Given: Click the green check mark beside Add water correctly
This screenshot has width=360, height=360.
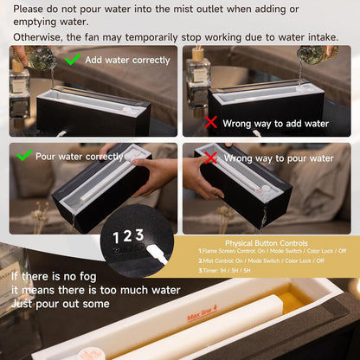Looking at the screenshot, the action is [73, 59].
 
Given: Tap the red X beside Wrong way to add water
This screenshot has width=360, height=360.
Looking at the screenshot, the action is [211, 122].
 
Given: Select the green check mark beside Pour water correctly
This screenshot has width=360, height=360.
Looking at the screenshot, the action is [24, 155].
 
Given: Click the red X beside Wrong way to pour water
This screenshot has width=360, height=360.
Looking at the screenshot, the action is [211, 158].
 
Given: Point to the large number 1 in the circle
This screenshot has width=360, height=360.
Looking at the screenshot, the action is [116, 238].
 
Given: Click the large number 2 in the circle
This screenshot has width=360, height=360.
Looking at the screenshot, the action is [127, 236].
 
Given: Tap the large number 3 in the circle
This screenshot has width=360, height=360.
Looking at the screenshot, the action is [139, 235].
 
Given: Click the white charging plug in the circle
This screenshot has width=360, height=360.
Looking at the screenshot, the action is [157, 254].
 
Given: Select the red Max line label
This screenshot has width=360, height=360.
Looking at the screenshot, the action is [202, 312].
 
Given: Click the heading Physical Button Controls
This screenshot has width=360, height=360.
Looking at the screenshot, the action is [267, 243].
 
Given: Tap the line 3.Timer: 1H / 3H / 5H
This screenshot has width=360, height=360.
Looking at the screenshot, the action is [224, 271].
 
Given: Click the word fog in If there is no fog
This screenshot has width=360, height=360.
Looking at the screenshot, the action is [87, 277].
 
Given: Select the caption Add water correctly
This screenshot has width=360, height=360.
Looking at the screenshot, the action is [127, 60].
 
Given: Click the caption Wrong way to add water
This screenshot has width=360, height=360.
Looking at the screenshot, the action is [276, 124].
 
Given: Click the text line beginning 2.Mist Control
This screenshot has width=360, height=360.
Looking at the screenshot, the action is [261, 260].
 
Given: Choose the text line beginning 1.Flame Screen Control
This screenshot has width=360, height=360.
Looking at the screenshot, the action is [273, 251].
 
